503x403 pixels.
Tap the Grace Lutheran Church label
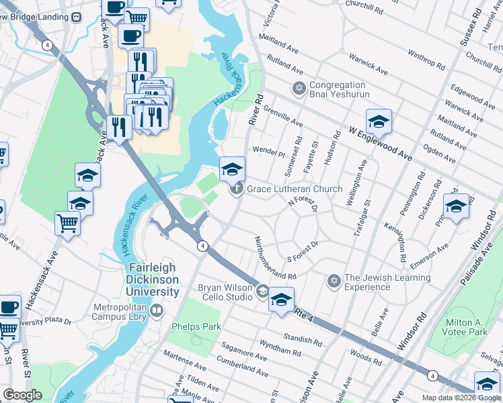click(295, 189)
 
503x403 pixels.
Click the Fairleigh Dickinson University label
click(154, 280)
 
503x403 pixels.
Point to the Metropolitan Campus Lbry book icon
click(156, 310)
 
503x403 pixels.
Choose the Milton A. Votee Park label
click(465, 327)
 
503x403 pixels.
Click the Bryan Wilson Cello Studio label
click(224, 293)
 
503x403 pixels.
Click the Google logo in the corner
click(22, 395)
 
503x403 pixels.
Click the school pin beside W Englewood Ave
click(379, 122)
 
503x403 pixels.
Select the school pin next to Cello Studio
click(281, 300)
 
